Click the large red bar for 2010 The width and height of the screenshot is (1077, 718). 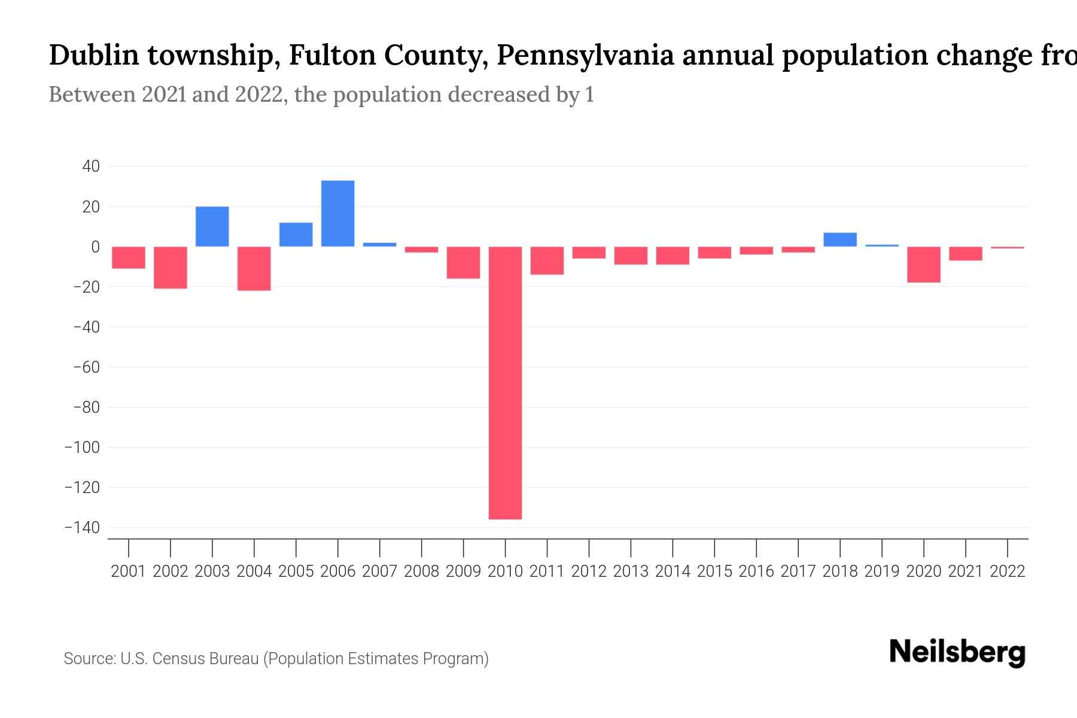point(505,383)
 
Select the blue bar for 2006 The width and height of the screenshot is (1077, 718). point(337,214)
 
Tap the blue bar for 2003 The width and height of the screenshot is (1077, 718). point(212,227)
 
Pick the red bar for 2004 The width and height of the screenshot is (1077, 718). point(254,269)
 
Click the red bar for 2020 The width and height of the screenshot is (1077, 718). point(923,264)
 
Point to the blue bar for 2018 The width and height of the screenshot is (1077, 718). point(839,239)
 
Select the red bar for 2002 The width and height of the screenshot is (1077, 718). point(171,267)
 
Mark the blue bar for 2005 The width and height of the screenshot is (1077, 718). point(296,235)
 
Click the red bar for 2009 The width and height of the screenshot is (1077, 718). point(463,263)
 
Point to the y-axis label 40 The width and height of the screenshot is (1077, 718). point(91,166)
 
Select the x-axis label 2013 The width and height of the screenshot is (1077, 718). point(631,571)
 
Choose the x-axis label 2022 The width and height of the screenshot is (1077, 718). point(1008,571)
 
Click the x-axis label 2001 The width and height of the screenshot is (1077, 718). point(129,571)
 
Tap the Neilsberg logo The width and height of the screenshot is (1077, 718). point(957,652)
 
